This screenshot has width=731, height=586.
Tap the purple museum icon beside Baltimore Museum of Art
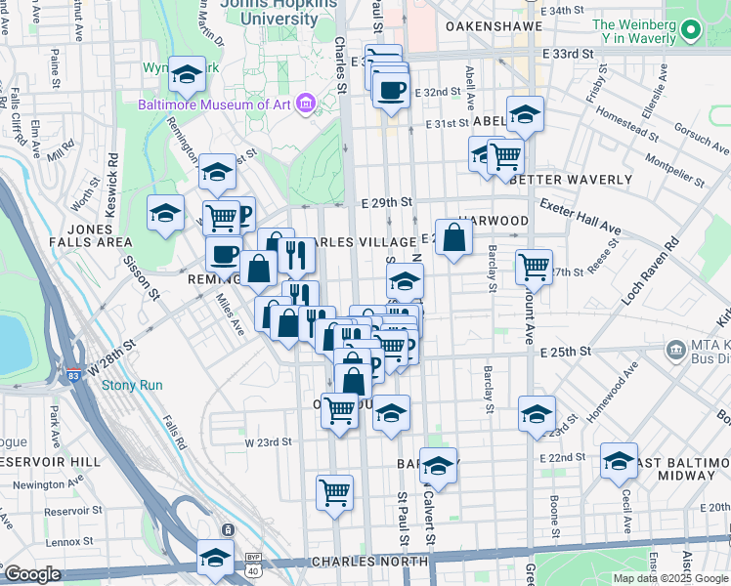coord(306,103)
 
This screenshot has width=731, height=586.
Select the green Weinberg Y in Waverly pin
coord(690,31)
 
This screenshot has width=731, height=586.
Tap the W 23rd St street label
coord(268,441)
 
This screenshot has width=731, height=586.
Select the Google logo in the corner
coord(32,574)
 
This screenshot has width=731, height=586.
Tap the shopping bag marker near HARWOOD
coord(454,237)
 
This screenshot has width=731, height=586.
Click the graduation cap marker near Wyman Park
coord(186,74)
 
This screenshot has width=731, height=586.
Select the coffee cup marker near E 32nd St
coord(391,92)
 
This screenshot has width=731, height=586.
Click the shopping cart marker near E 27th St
coord(535,266)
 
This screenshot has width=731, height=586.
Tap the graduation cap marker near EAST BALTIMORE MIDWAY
coord(619,460)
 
